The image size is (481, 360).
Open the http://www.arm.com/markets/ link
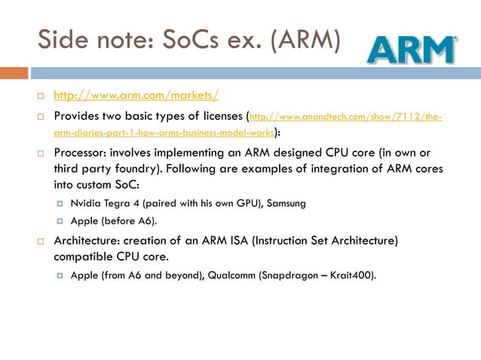(136, 96)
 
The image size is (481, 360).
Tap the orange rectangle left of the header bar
(14, 73)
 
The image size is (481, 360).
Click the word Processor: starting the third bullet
(83, 153)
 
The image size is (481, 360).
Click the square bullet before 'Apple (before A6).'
(59, 221)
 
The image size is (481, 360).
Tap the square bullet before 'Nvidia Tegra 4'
(59, 203)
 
